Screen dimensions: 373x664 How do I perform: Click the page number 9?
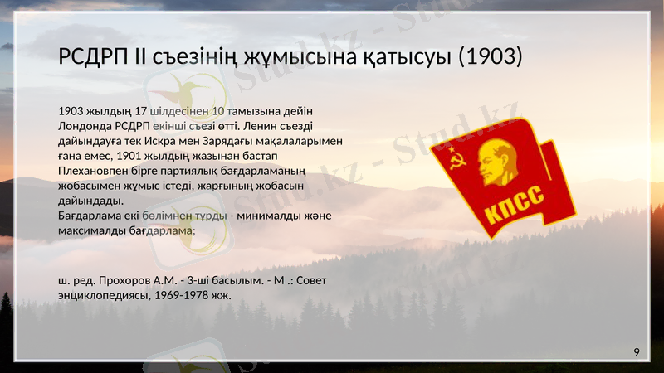point(637,353)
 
